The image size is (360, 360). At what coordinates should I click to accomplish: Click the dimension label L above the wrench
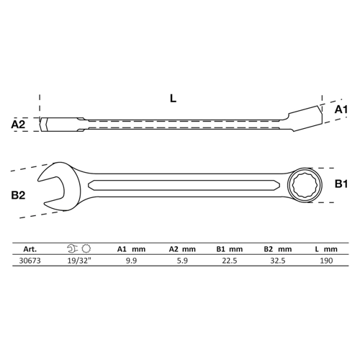(173, 98)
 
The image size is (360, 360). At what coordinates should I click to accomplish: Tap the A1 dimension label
(341, 109)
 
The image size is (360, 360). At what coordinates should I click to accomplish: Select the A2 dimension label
(18, 125)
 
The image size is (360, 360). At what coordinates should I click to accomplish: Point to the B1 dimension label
(341, 184)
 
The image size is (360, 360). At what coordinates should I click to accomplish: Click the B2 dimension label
(18, 195)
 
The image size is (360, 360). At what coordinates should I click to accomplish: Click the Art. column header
(30, 249)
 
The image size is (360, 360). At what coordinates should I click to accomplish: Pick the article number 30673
(30, 261)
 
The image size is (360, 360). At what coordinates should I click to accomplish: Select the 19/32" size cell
(80, 261)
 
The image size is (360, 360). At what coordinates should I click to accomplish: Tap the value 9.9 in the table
(131, 261)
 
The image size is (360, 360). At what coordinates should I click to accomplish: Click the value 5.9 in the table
(182, 261)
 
